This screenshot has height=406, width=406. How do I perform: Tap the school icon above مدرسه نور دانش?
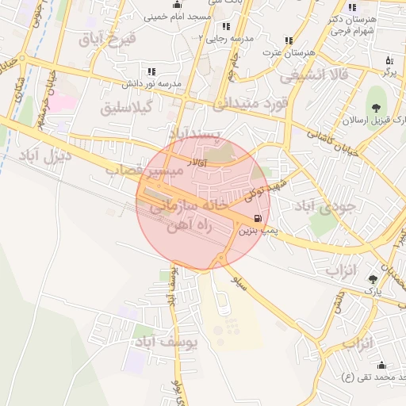[151, 72]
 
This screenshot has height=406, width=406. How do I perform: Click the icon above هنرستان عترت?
[289, 40]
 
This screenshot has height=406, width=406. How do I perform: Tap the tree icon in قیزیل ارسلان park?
[374, 109]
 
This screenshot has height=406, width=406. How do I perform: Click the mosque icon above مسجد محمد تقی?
[381, 365]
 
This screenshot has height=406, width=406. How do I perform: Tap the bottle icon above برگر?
[389, 60]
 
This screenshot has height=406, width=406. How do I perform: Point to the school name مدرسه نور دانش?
[151, 83]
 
